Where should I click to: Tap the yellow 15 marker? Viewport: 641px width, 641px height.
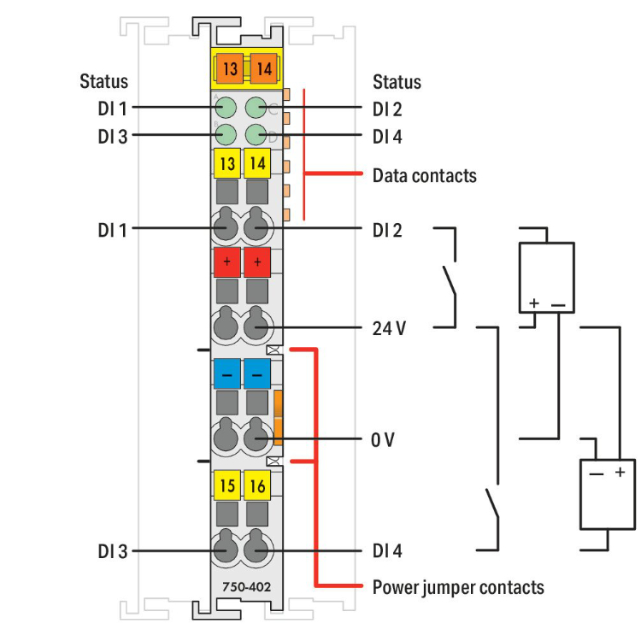tap(226, 486)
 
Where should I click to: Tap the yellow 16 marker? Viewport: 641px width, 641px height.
tap(256, 486)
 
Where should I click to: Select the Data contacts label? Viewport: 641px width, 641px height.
tap(424, 176)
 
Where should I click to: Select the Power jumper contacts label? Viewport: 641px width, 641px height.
tap(458, 587)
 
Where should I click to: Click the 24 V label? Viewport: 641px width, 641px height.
tap(389, 327)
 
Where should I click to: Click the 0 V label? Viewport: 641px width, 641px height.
tap(383, 440)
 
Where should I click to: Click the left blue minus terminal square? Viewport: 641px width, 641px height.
tap(226, 374)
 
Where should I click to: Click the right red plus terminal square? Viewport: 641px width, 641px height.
tap(256, 262)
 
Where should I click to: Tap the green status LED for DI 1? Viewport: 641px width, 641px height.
tap(226, 108)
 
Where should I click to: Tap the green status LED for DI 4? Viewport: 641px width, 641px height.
tap(256, 135)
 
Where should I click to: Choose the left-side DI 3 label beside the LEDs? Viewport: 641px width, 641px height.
tap(112, 136)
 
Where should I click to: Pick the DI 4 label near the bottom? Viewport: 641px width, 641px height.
tap(387, 551)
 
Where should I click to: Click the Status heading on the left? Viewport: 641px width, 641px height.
tap(104, 82)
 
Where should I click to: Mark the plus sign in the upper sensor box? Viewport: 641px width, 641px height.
tap(534, 303)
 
